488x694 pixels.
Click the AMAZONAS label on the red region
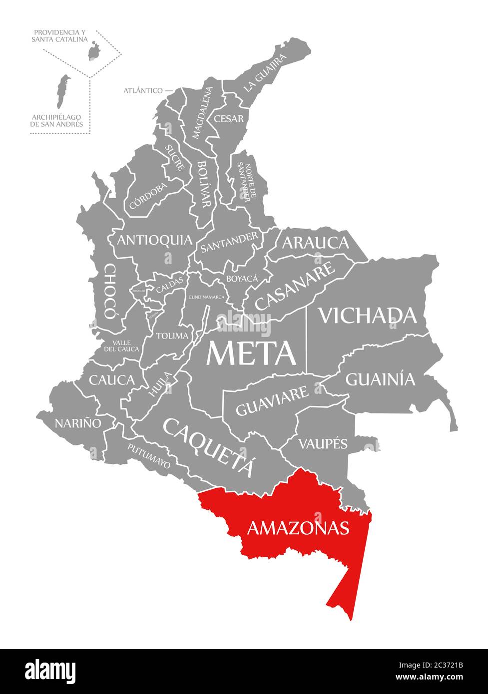tap(298, 528)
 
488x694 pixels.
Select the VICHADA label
tap(368, 315)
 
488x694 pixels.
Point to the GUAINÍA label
tap(380, 379)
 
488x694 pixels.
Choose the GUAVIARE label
tap(272, 401)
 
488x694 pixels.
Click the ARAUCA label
tap(315, 243)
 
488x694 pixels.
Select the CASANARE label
tap(295, 286)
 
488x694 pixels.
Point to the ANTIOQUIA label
tap(154, 240)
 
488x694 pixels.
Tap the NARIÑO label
tap(78, 423)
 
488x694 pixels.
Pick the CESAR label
tap(229, 119)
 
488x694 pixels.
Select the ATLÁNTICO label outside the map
tap(143, 90)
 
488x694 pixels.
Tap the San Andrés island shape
tap(62, 91)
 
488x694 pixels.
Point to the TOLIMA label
tap(172, 336)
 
